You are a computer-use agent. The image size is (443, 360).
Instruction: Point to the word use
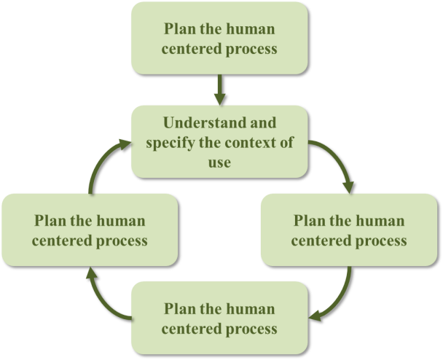click(219, 162)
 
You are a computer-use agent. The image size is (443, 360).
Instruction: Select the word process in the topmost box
click(252, 50)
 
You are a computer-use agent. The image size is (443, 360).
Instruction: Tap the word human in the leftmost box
click(119, 220)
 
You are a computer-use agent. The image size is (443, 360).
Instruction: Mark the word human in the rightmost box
click(377, 220)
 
